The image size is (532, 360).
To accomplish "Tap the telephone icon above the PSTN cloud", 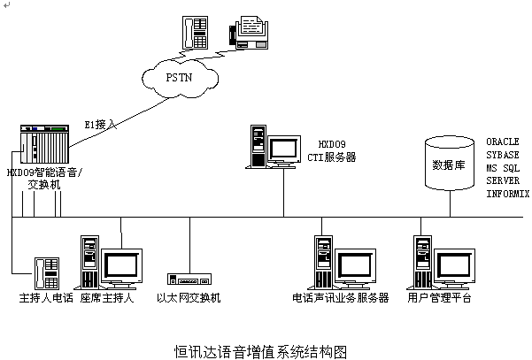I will tap(195, 31).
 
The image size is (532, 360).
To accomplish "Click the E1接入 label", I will tap(100, 124).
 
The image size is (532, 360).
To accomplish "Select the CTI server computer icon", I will tap(274, 147).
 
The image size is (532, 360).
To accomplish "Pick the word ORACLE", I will tap(502, 142).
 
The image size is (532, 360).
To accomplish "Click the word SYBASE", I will tap(502, 155).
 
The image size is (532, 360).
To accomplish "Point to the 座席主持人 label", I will tap(106, 298).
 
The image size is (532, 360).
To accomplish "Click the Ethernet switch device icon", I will tap(189, 277).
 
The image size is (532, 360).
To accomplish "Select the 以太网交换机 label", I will tap(189, 298).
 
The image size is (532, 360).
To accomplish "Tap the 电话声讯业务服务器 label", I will tap(341, 298).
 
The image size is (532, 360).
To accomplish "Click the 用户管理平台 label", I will tap(440, 298).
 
